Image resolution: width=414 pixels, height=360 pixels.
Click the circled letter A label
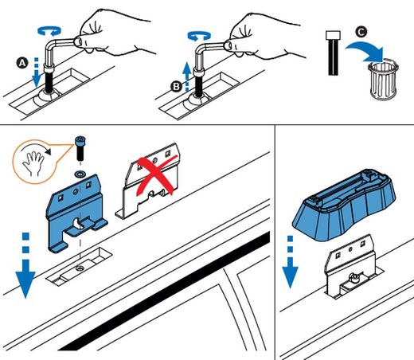point(22,63)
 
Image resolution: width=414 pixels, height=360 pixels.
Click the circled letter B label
point(176,87)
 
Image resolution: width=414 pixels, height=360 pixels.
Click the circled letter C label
point(361,32)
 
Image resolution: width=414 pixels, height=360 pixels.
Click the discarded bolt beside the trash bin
point(333,53)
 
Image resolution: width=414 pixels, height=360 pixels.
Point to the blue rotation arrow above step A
point(49,30)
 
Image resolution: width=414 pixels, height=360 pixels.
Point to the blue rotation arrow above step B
point(199,36)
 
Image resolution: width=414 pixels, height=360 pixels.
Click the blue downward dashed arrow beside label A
point(36,72)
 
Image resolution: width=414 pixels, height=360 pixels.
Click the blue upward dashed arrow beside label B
point(187,76)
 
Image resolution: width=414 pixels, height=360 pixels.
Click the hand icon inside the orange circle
point(33,162)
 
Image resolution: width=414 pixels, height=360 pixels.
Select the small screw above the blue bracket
point(80,148)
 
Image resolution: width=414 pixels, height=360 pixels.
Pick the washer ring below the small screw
point(80,174)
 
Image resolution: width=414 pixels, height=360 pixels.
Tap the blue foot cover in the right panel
point(344,205)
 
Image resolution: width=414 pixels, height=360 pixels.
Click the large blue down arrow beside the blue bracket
point(25,265)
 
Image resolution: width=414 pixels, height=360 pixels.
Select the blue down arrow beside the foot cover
point(290,262)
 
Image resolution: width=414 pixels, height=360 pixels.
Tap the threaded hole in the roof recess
point(79,268)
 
